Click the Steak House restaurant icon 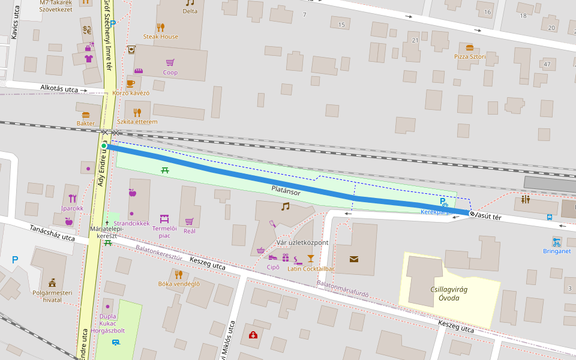(x=160, y=27)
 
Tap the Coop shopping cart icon (x=170, y=62)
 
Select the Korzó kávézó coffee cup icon (x=130, y=83)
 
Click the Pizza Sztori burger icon (x=469, y=47)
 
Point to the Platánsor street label (x=286, y=191)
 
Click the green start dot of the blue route (x=104, y=146)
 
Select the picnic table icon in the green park (x=165, y=170)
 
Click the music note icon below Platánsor (x=285, y=206)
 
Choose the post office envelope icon (x=354, y=259)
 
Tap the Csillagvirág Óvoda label (x=449, y=293)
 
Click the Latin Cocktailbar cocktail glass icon (x=310, y=259)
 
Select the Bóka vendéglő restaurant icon (x=178, y=274)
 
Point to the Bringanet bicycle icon (x=557, y=242)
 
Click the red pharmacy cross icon (x=253, y=335)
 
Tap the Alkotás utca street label (x=59, y=89)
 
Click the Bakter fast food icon (x=86, y=114)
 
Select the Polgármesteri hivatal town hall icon (x=52, y=281)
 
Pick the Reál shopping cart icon (x=189, y=221)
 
